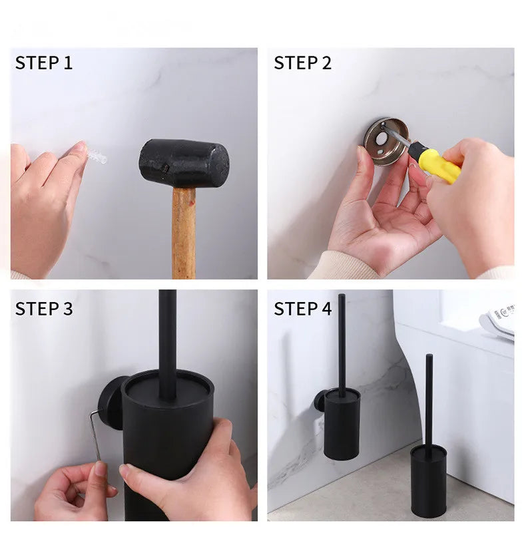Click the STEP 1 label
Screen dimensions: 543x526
point(43,63)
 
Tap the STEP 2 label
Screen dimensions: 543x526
point(302,63)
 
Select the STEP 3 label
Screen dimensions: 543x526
point(43,309)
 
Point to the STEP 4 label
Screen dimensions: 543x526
point(302,309)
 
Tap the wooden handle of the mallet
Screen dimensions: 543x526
point(184,233)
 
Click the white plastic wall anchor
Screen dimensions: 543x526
point(97,158)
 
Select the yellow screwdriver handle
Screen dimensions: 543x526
point(436,163)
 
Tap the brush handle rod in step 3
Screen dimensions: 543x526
point(168,339)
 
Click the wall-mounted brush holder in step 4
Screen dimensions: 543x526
point(342,423)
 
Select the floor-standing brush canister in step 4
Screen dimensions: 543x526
point(428,479)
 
